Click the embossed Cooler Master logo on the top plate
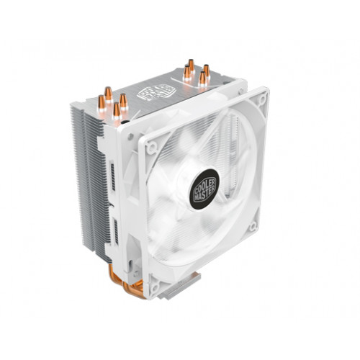(156, 92)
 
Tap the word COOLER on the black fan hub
(204, 183)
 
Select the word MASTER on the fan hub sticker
(204, 193)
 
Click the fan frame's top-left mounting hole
(151, 147)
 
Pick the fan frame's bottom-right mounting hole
(253, 226)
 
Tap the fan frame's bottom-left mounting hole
(154, 287)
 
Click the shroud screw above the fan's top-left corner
(130, 136)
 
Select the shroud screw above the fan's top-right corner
(241, 91)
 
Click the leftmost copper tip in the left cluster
(102, 104)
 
